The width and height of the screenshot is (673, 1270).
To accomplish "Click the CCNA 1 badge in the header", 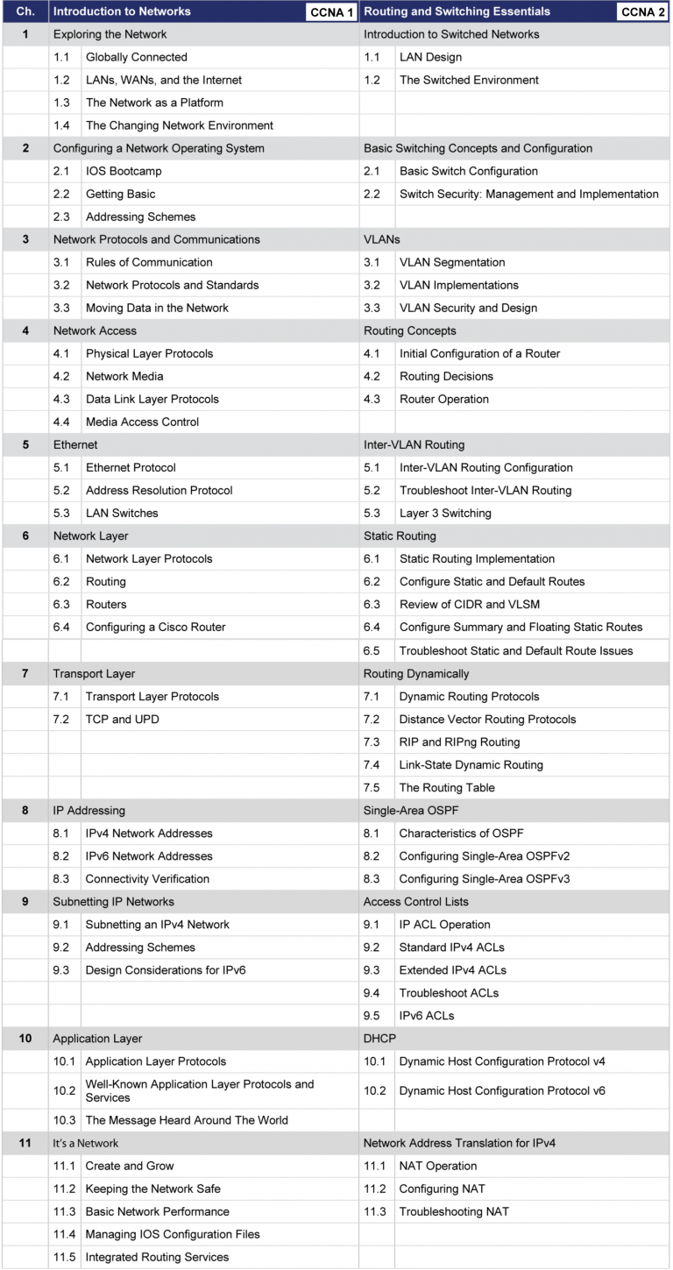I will point(330,12).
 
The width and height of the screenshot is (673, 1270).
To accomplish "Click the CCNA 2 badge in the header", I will point(643,12).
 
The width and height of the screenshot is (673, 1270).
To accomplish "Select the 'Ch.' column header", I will point(25,12).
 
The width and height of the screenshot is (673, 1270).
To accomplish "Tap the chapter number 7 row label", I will point(25,674).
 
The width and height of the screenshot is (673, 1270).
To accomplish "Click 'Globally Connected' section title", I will point(136,57).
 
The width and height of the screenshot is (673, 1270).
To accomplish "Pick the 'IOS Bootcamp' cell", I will point(124,171).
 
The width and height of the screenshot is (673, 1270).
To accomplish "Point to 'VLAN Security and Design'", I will point(468,308).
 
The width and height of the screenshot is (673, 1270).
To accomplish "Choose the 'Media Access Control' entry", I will point(142,422).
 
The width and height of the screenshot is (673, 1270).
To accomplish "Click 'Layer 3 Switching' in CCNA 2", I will point(445,513).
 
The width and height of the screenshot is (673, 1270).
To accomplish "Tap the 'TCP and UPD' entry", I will point(122,719).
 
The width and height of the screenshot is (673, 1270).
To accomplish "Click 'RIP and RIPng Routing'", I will point(459,741).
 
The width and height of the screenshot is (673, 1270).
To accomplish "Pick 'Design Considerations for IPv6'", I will point(167,969).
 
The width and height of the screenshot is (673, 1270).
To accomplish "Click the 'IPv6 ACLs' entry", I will point(426,1016).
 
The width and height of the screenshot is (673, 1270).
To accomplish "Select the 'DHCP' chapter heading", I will point(379,1039).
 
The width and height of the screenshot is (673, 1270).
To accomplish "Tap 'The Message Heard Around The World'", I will point(187,1120).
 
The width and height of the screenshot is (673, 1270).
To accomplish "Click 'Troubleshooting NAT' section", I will point(454,1211).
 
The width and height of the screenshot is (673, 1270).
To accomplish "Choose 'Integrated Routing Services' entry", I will point(157,1257).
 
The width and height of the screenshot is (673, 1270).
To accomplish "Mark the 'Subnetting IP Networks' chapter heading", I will point(113,901).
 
